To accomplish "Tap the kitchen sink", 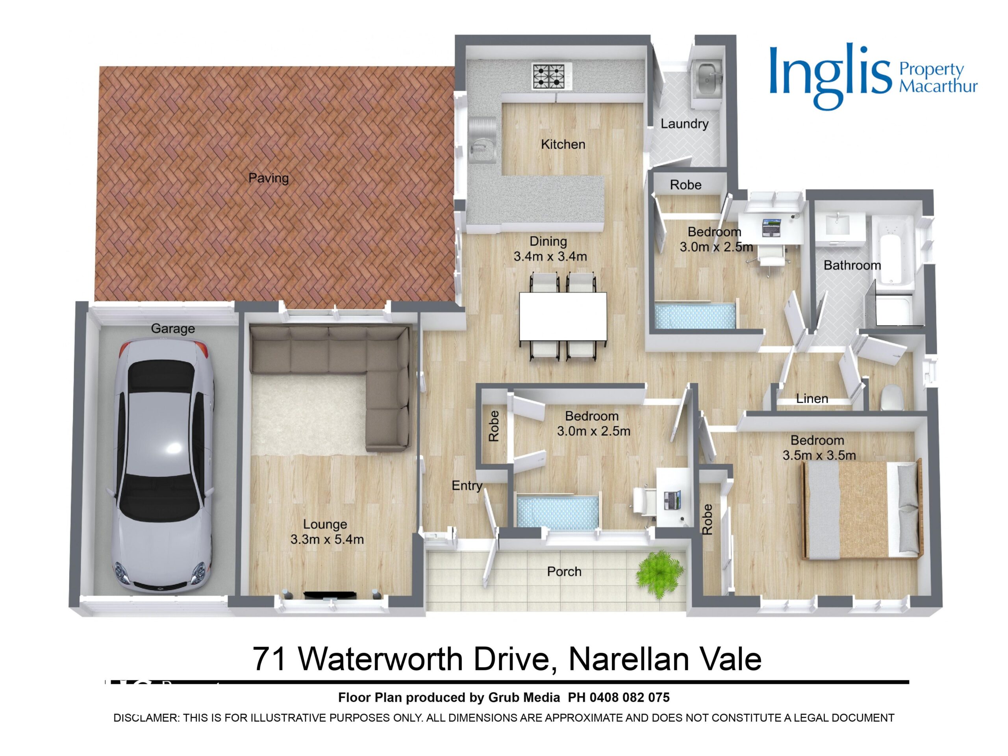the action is click(x=482, y=140).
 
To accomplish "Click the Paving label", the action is click(x=269, y=178).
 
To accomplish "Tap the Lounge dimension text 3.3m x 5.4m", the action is click(x=327, y=539).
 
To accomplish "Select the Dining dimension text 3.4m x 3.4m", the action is click(x=550, y=257).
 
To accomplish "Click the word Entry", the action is click(x=467, y=486).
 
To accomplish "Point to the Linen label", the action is click(x=812, y=399).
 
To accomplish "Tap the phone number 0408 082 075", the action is click(x=629, y=697).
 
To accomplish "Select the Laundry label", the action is click(x=684, y=124).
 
